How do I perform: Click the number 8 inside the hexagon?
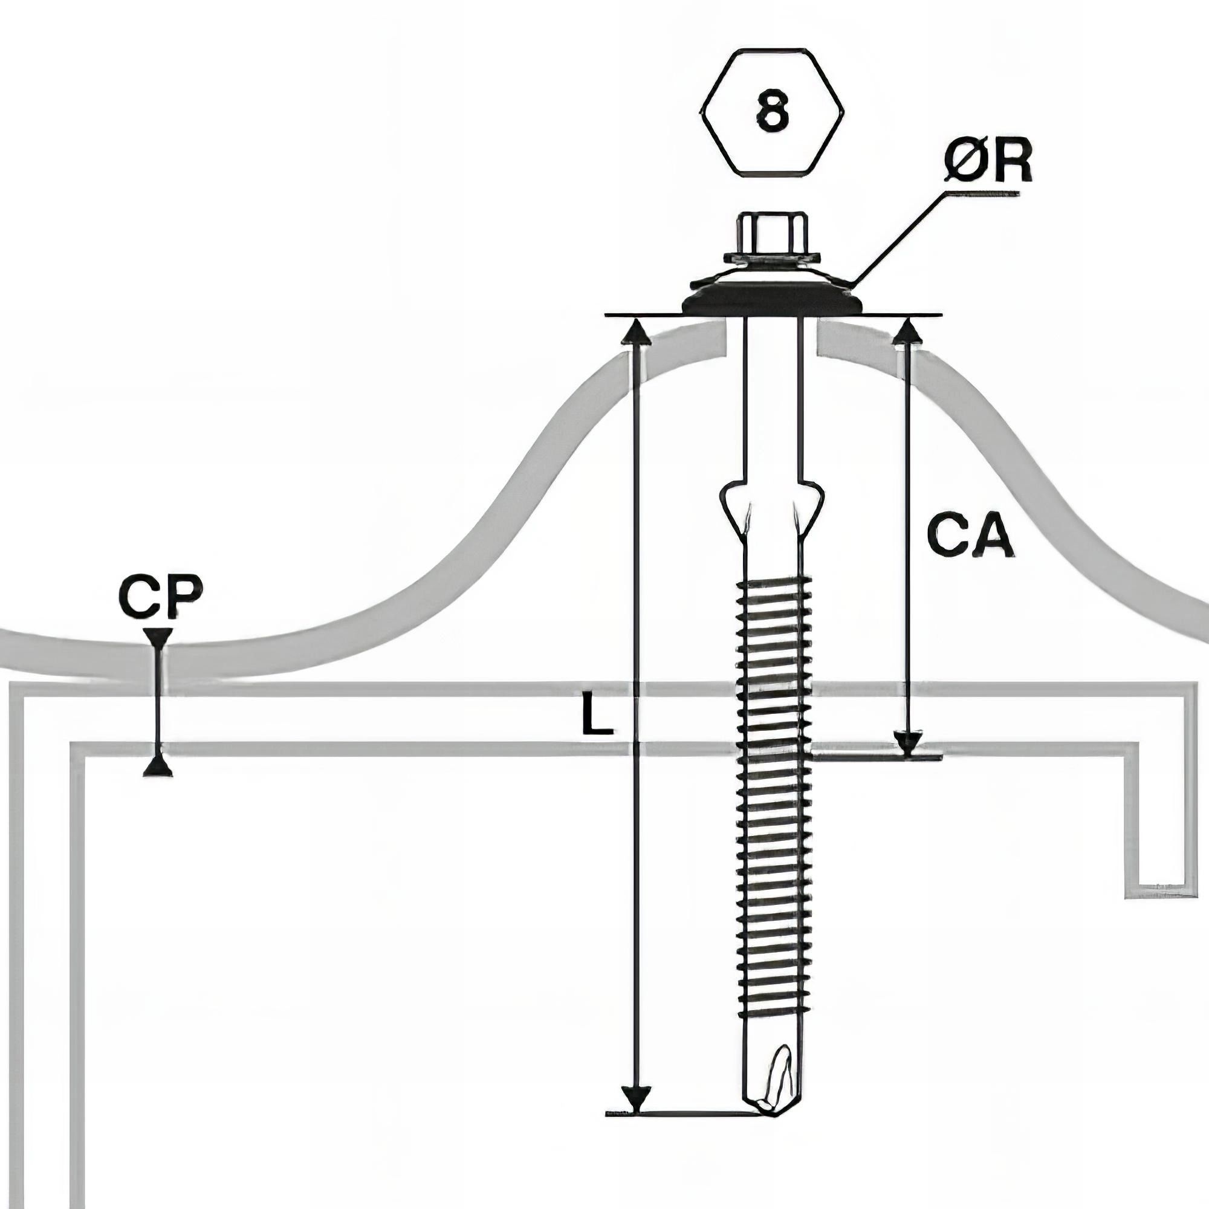(x=772, y=112)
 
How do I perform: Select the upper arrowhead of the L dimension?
(x=637, y=331)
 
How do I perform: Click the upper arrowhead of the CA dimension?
(x=907, y=331)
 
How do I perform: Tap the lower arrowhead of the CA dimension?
(x=908, y=743)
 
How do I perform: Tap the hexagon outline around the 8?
(x=700, y=112)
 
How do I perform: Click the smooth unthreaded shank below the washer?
(x=772, y=401)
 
